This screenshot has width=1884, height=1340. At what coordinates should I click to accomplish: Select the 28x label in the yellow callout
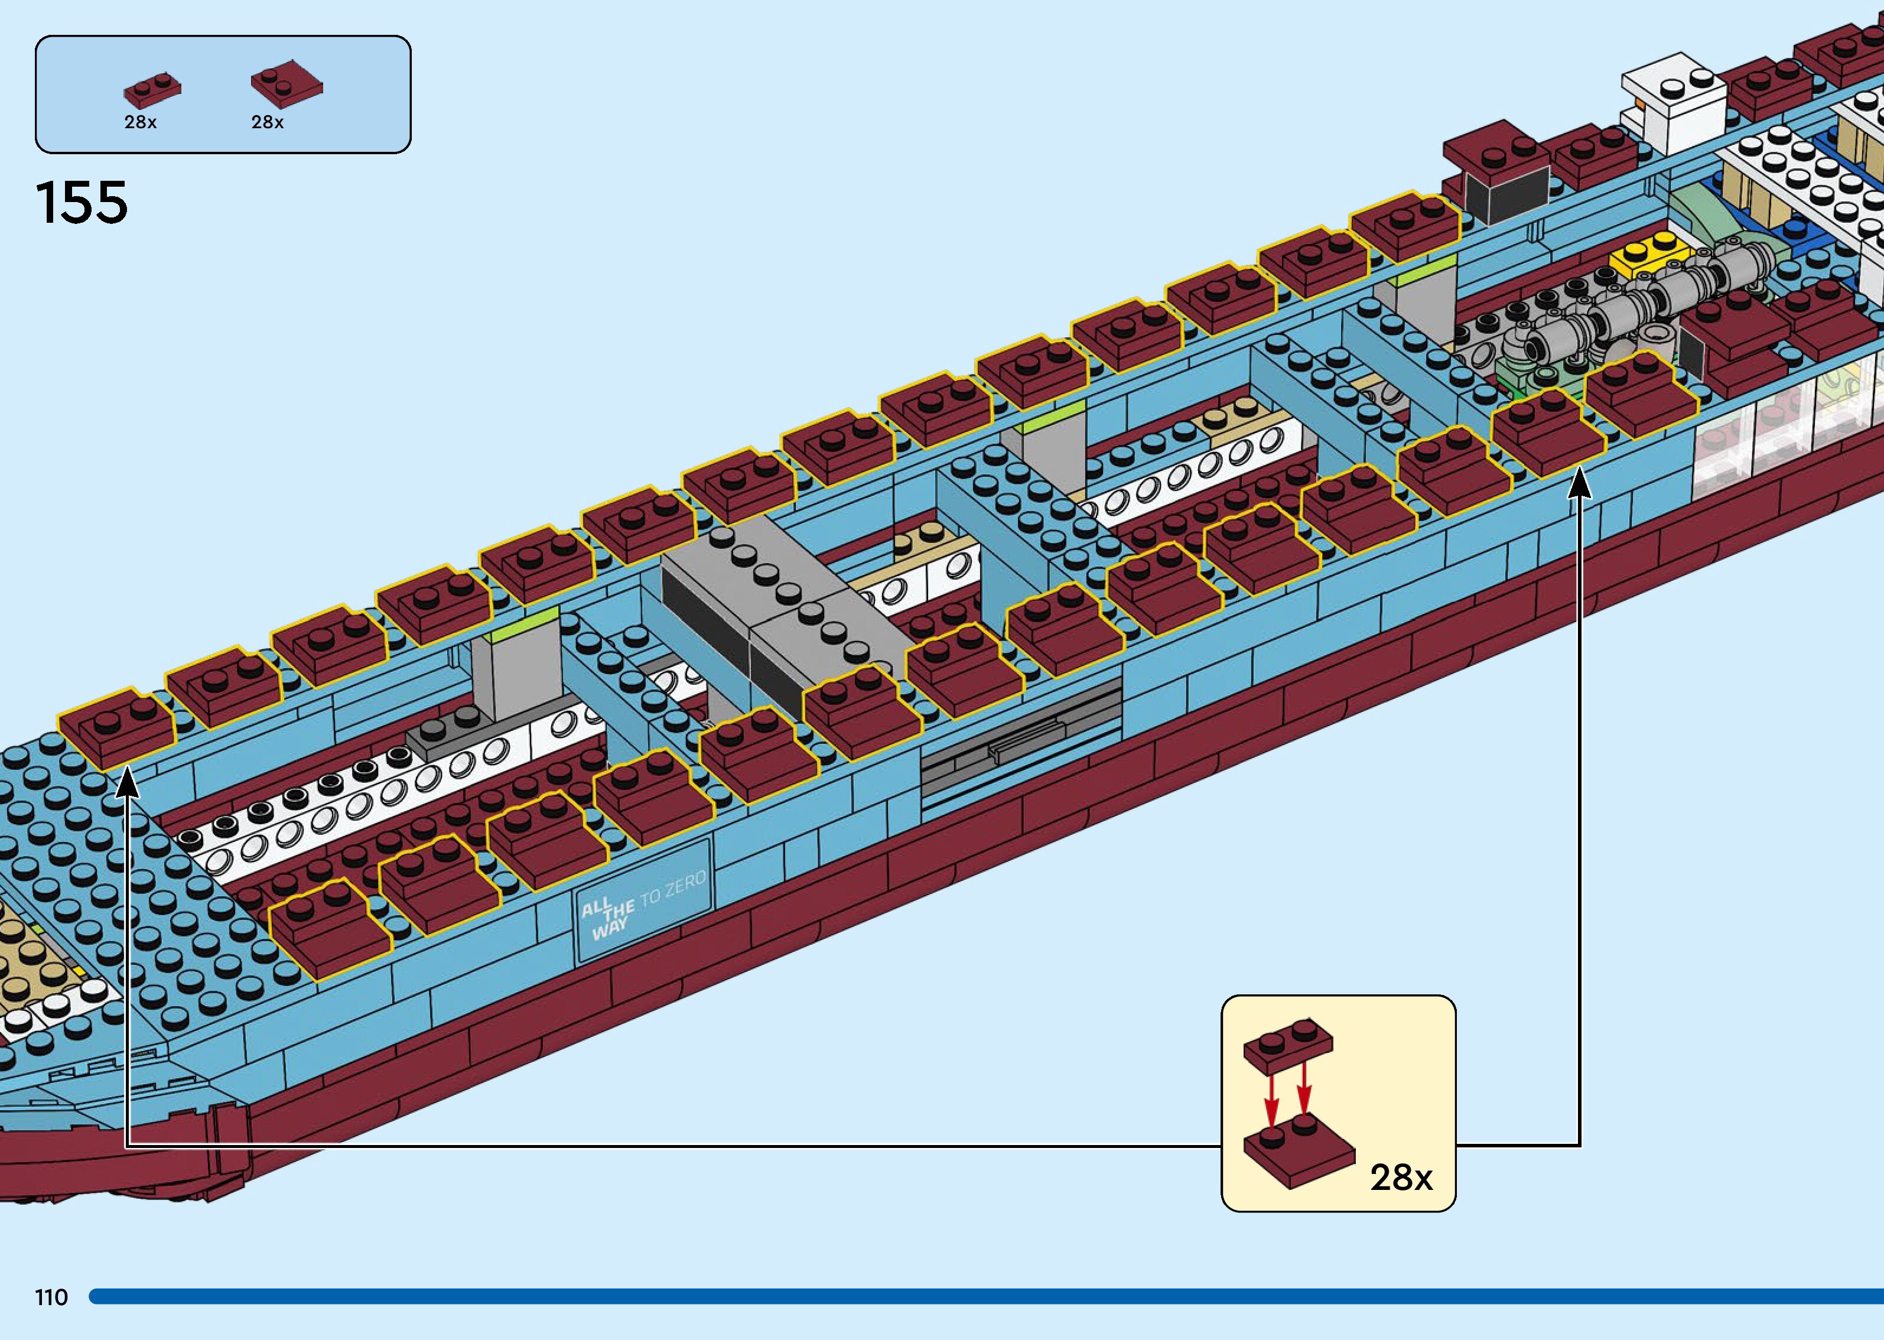coord(1401,1178)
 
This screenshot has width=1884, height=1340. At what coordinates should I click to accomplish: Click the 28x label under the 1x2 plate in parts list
coord(140,122)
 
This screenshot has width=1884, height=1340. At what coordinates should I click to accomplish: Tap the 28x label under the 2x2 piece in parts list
coord(267,122)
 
